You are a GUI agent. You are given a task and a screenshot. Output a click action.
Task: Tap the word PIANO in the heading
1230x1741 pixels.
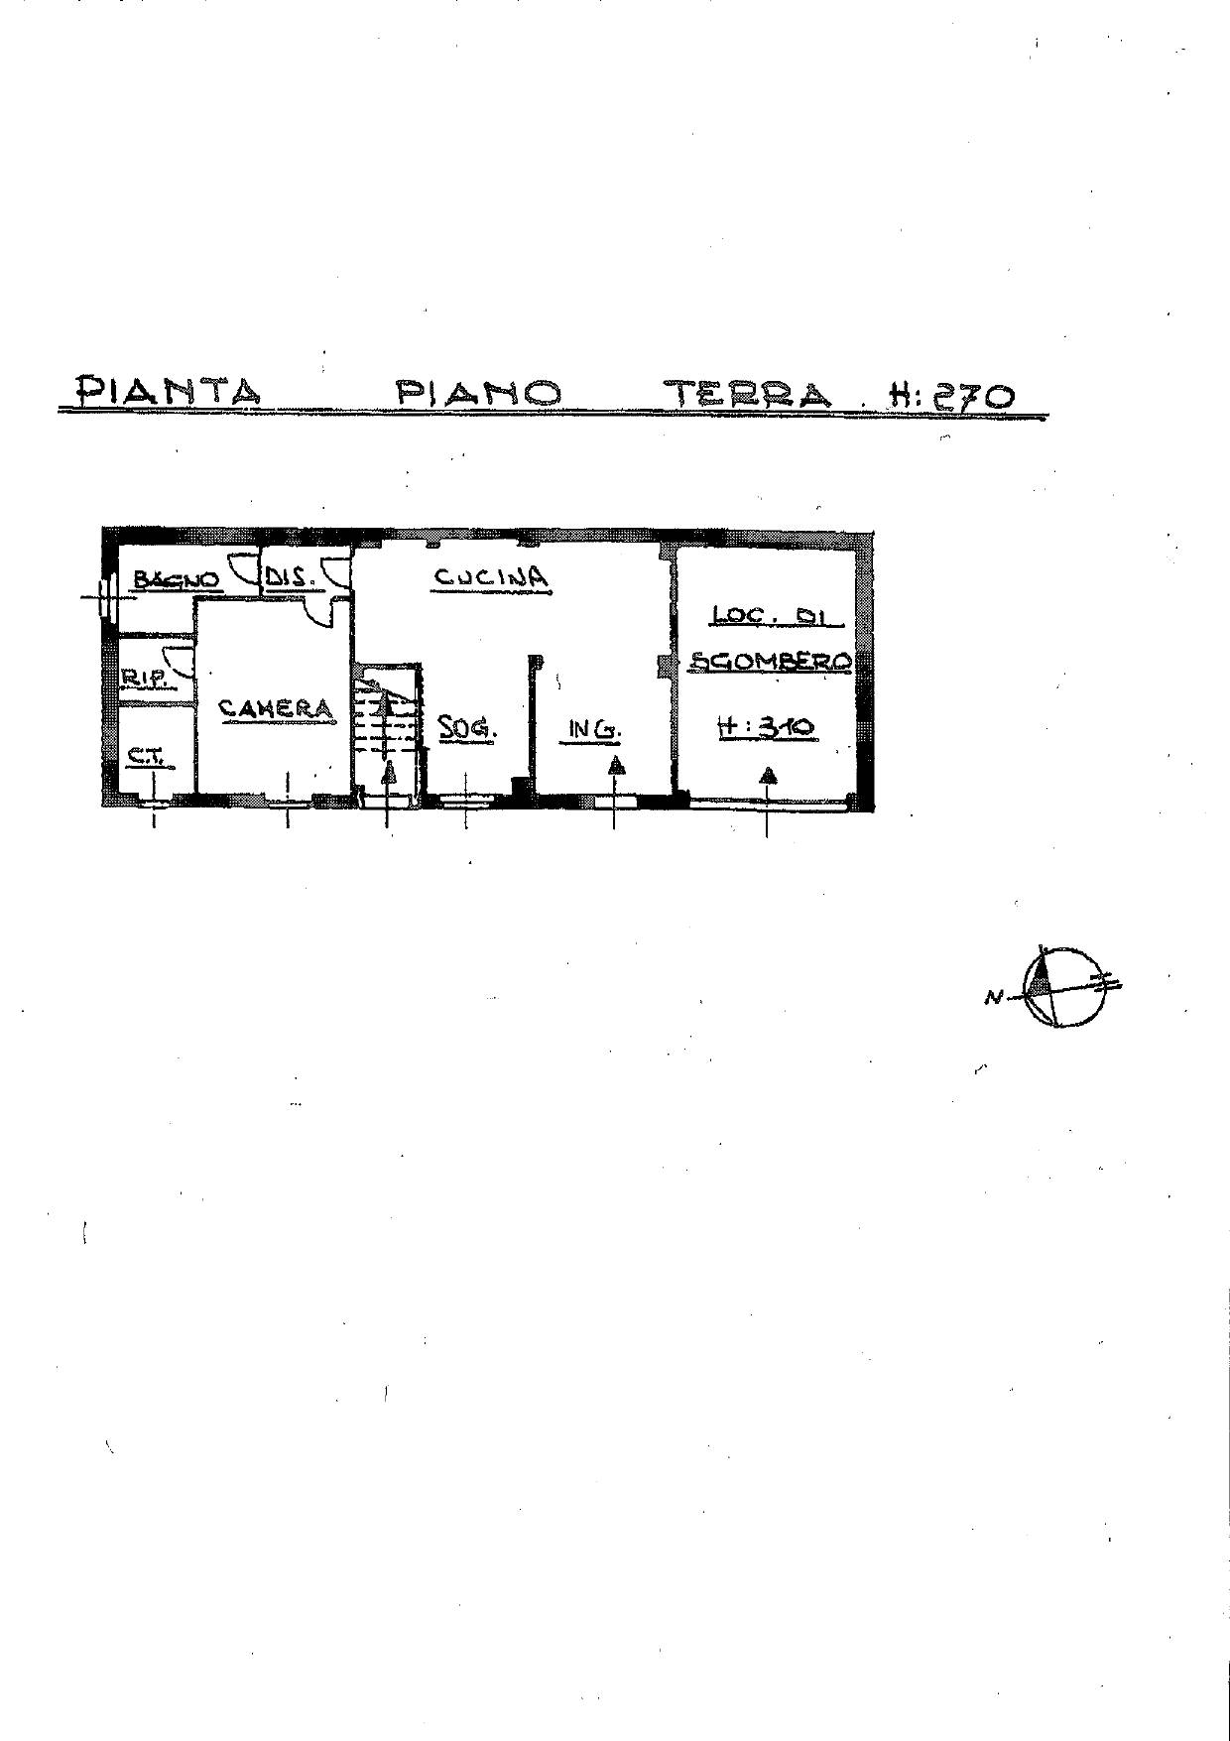[x=479, y=393]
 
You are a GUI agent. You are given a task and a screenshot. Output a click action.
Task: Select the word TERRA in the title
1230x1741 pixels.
[x=750, y=394]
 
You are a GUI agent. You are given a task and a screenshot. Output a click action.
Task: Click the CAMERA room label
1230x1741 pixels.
[x=276, y=708]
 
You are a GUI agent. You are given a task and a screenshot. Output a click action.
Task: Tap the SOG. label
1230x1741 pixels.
[x=467, y=729]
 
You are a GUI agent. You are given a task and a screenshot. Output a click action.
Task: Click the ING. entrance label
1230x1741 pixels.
[x=594, y=731]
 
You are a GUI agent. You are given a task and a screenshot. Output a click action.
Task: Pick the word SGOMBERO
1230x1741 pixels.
[x=771, y=661]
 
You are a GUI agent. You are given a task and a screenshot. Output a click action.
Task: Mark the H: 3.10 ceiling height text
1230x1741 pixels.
[x=766, y=727]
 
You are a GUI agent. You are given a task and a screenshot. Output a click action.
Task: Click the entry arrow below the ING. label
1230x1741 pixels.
[x=616, y=765]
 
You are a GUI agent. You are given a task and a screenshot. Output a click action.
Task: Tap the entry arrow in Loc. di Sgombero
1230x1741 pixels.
[x=768, y=775]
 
